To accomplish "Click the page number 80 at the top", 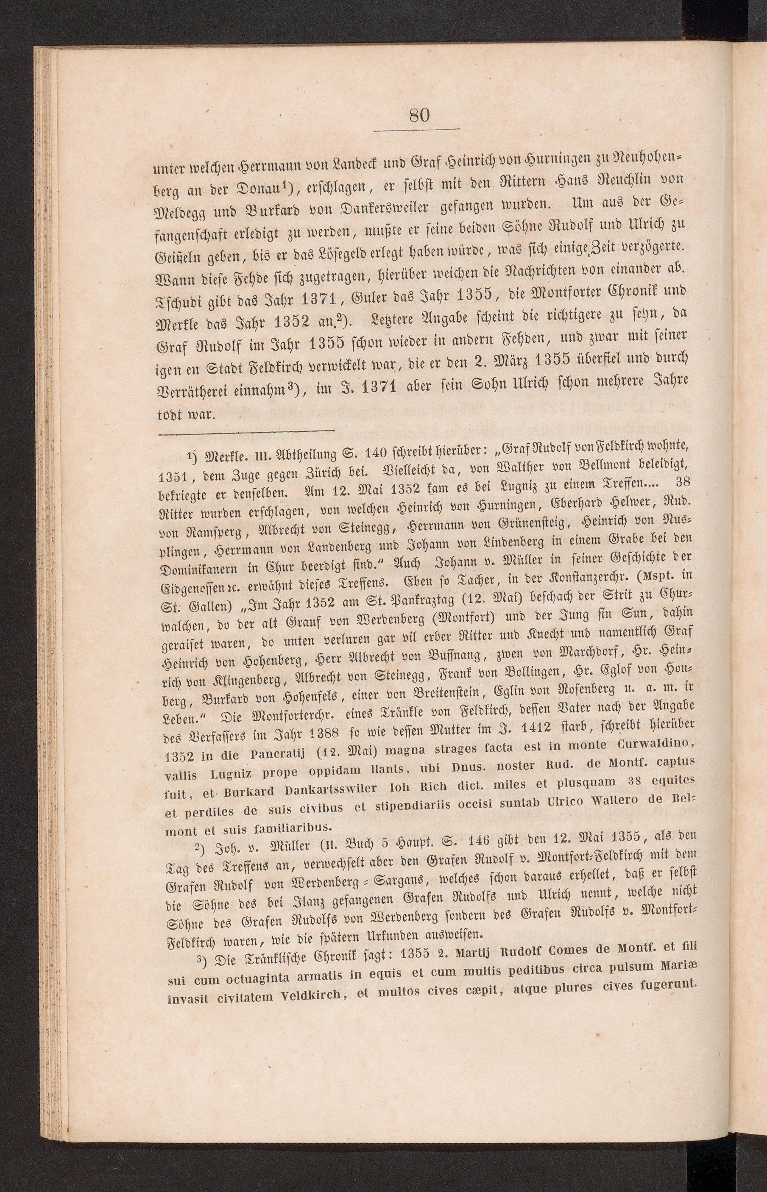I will (419, 115).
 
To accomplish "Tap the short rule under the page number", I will (416, 131).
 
